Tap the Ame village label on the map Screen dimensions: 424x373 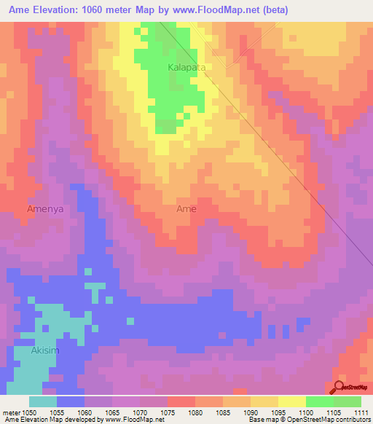click(186, 209)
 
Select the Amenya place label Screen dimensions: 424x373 click(46, 209)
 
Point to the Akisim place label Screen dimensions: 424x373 click(46, 350)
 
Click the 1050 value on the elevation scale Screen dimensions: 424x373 click(29, 412)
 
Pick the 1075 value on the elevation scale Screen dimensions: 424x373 click(167, 412)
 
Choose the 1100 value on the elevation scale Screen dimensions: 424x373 click(305, 412)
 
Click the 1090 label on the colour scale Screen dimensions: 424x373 click(250, 412)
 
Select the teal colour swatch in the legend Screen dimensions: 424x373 click(43, 401)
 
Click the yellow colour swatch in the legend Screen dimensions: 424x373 click(291, 401)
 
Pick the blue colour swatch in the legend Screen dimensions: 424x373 click(71, 401)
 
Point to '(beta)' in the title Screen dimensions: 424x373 click(275, 10)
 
